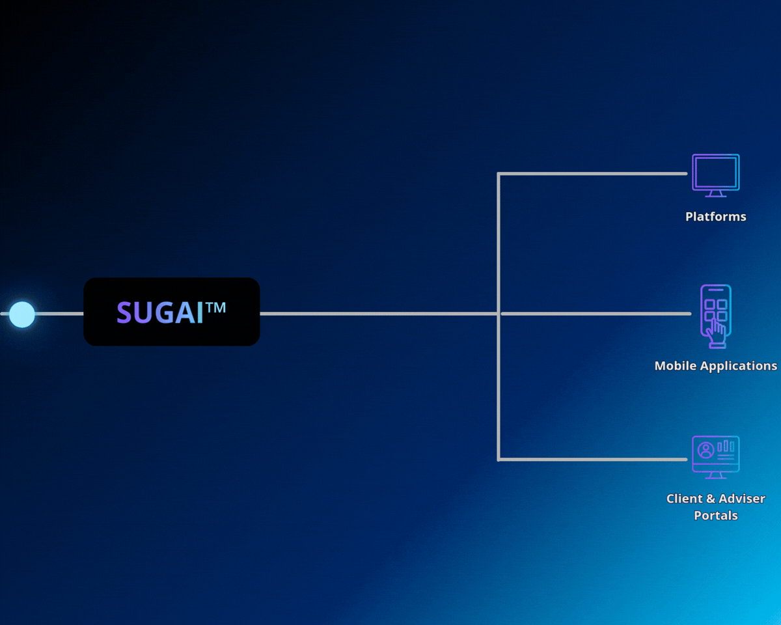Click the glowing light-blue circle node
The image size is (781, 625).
coord(22,314)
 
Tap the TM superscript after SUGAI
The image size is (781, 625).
coord(216,307)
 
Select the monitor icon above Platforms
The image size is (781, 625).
coord(715,174)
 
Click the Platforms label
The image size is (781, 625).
coord(715,217)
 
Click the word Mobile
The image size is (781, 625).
coord(675,366)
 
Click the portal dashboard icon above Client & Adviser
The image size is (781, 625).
coord(715,456)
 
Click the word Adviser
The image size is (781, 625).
coord(741,499)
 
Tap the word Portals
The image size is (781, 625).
coord(715,516)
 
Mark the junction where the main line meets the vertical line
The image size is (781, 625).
coord(499,314)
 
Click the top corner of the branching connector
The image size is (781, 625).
coord(499,174)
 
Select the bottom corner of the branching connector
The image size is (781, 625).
coord(499,459)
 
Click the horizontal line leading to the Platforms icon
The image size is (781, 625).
coord(592,174)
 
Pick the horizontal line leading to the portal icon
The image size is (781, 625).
coord(592,459)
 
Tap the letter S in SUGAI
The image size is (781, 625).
coord(124,313)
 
